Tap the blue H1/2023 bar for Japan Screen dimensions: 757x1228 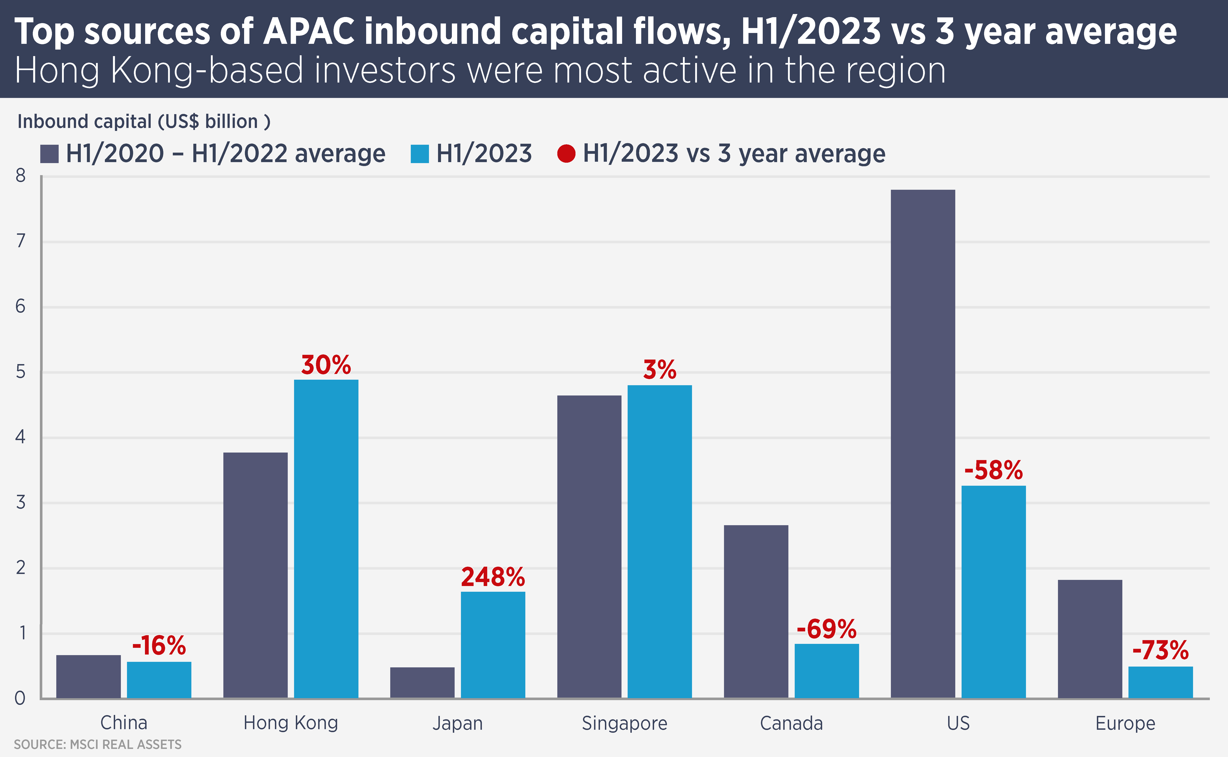click(x=493, y=645)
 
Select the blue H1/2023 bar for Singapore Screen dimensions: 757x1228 click(x=660, y=541)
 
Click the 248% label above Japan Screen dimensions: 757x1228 click(x=493, y=577)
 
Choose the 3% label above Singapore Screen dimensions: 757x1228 click(x=660, y=370)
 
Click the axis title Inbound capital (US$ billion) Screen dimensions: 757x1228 click(x=144, y=122)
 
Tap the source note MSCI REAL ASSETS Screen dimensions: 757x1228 click(x=98, y=745)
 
